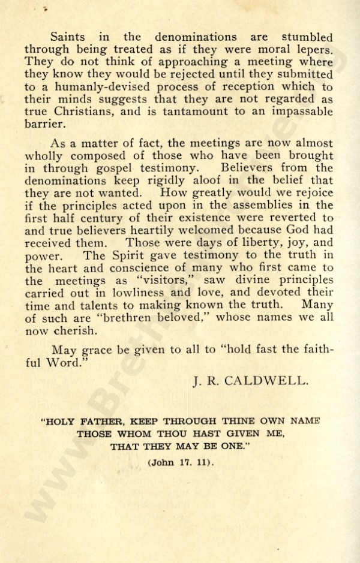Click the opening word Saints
[68, 38]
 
